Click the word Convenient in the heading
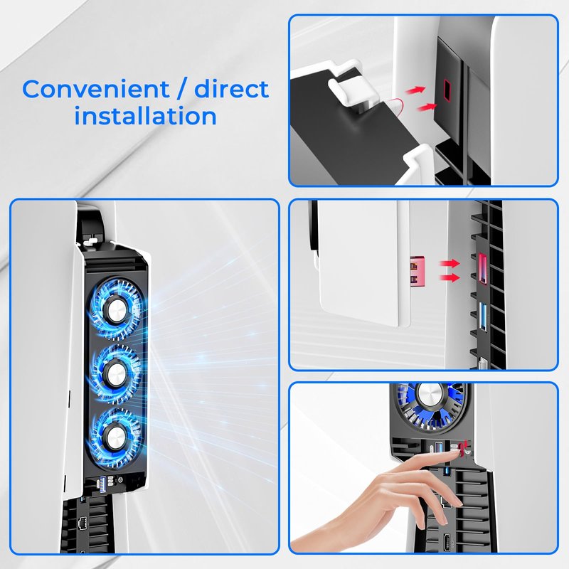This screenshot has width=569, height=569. pyautogui.click(x=96, y=89)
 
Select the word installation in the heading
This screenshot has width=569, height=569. pyautogui.click(x=146, y=115)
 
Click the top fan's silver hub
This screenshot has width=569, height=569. pyautogui.click(x=115, y=309)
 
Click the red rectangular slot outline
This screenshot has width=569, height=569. pyautogui.click(x=447, y=90)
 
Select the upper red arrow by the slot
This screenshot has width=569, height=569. pyautogui.click(x=415, y=90)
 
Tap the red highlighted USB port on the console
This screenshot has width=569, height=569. pyautogui.click(x=482, y=269)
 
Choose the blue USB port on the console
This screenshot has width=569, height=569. pyautogui.click(x=482, y=317)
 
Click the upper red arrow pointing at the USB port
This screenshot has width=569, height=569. pyautogui.click(x=450, y=263)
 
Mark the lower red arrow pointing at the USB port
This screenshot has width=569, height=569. pyautogui.click(x=450, y=278)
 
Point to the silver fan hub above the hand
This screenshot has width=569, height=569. pyautogui.click(x=430, y=393)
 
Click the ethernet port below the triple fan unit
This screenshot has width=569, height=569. pyautogui.click(x=83, y=524)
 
